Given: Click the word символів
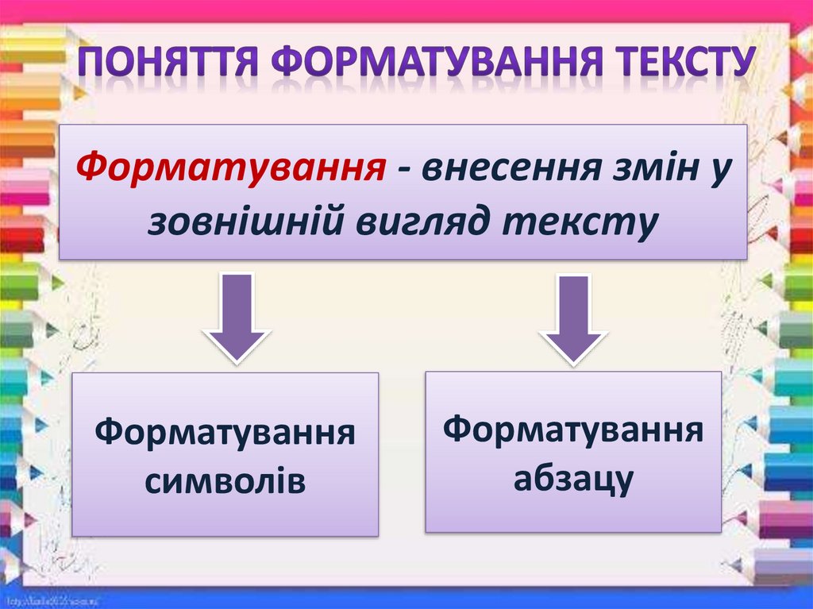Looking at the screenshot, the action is tap(225, 481).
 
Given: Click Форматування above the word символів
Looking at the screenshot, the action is tap(225, 435).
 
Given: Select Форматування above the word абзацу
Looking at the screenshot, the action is tap(572, 430).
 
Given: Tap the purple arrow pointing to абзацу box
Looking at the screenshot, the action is tap(571, 319).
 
